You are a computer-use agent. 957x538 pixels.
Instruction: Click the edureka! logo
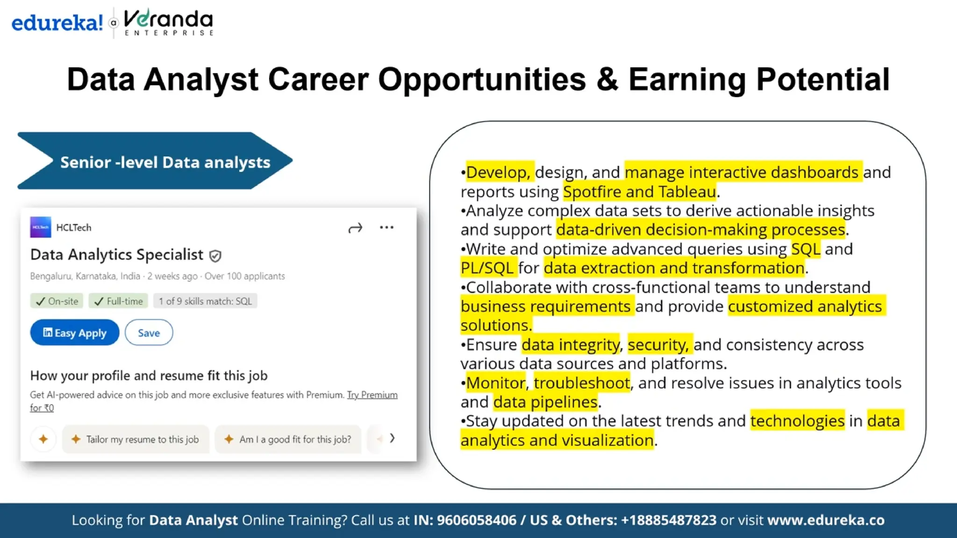tap(57, 22)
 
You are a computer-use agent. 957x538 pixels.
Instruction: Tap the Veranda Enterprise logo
tap(169, 22)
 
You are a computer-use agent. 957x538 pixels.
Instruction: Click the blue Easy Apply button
tap(75, 333)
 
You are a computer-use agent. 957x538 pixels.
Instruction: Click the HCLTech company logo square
tap(41, 227)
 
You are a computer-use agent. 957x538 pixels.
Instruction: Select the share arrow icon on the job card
tap(355, 228)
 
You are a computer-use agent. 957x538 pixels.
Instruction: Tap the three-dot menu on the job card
tap(386, 227)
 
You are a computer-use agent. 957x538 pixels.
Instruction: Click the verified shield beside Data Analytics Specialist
tap(215, 256)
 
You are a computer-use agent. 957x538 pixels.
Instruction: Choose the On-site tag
tap(57, 301)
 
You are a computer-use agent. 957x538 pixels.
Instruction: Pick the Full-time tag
tap(119, 301)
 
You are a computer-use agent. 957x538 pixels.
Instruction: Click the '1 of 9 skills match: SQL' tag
tap(205, 301)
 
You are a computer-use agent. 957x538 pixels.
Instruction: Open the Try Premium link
tap(372, 395)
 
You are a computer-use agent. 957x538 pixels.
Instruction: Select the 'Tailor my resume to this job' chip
tap(136, 439)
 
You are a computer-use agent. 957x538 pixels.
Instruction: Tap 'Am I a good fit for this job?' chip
tap(288, 439)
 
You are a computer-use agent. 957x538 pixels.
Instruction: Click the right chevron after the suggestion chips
tap(393, 438)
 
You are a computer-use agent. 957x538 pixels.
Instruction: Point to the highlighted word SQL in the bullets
tap(806, 249)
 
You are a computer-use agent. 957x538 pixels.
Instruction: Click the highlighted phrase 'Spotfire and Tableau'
tap(640, 192)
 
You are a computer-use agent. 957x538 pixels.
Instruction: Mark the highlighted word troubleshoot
tap(582, 383)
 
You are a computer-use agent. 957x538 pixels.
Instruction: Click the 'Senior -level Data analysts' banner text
tap(165, 162)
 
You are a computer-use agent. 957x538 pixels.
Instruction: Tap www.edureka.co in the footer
tap(826, 520)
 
